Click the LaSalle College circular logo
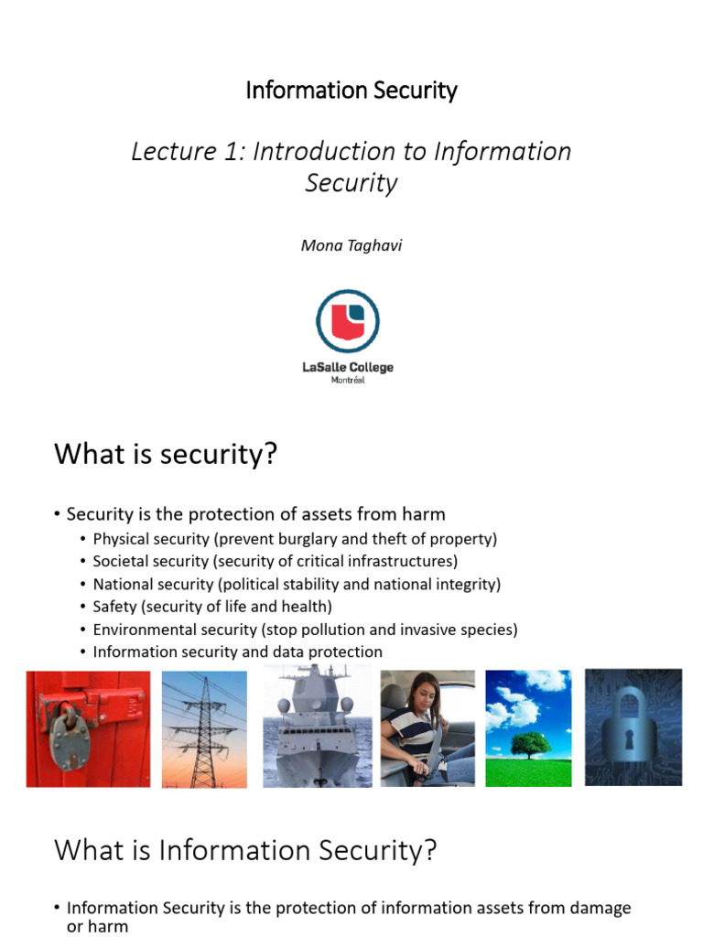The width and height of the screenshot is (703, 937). tap(348, 320)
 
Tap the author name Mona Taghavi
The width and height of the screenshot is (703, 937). tap(351, 245)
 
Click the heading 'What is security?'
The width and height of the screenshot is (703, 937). tap(165, 454)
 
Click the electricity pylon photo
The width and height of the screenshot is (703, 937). tap(204, 728)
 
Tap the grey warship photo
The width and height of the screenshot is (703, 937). tap(317, 728)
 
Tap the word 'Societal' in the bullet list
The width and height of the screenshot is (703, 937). tap(121, 561)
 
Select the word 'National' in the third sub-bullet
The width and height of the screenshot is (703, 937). tap(122, 584)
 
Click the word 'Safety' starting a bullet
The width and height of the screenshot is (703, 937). tap(114, 607)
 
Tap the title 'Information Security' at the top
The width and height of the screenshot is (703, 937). tap(351, 91)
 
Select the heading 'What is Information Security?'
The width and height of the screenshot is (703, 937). tap(245, 851)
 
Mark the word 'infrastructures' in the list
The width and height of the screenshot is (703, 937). tap(404, 561)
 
